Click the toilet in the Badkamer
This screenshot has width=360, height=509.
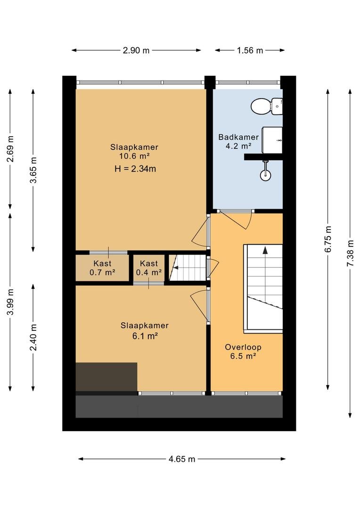pos(267,106)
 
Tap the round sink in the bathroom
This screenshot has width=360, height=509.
pos(266,175)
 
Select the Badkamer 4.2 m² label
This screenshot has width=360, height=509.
pos(238,141)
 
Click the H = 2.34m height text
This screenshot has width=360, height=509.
pos(135,169)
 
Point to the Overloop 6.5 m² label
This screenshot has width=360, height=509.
pos(243,352)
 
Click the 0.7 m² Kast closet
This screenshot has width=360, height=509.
pos(102,268)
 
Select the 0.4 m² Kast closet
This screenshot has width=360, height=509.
pos(149,268)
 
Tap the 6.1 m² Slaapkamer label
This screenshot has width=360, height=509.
pos(145,330)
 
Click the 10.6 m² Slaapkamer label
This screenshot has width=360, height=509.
pos(134,151)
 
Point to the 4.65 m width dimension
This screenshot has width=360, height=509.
pos(182,459)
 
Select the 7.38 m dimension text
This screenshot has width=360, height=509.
pos(350,253)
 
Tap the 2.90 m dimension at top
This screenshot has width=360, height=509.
pos(136,50)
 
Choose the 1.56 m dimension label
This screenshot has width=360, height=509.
pos(250,50)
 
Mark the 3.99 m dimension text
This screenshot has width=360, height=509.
pos(10,302)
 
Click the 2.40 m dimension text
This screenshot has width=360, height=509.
pos(33,337)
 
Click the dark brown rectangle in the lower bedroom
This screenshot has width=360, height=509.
pos(106,377)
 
